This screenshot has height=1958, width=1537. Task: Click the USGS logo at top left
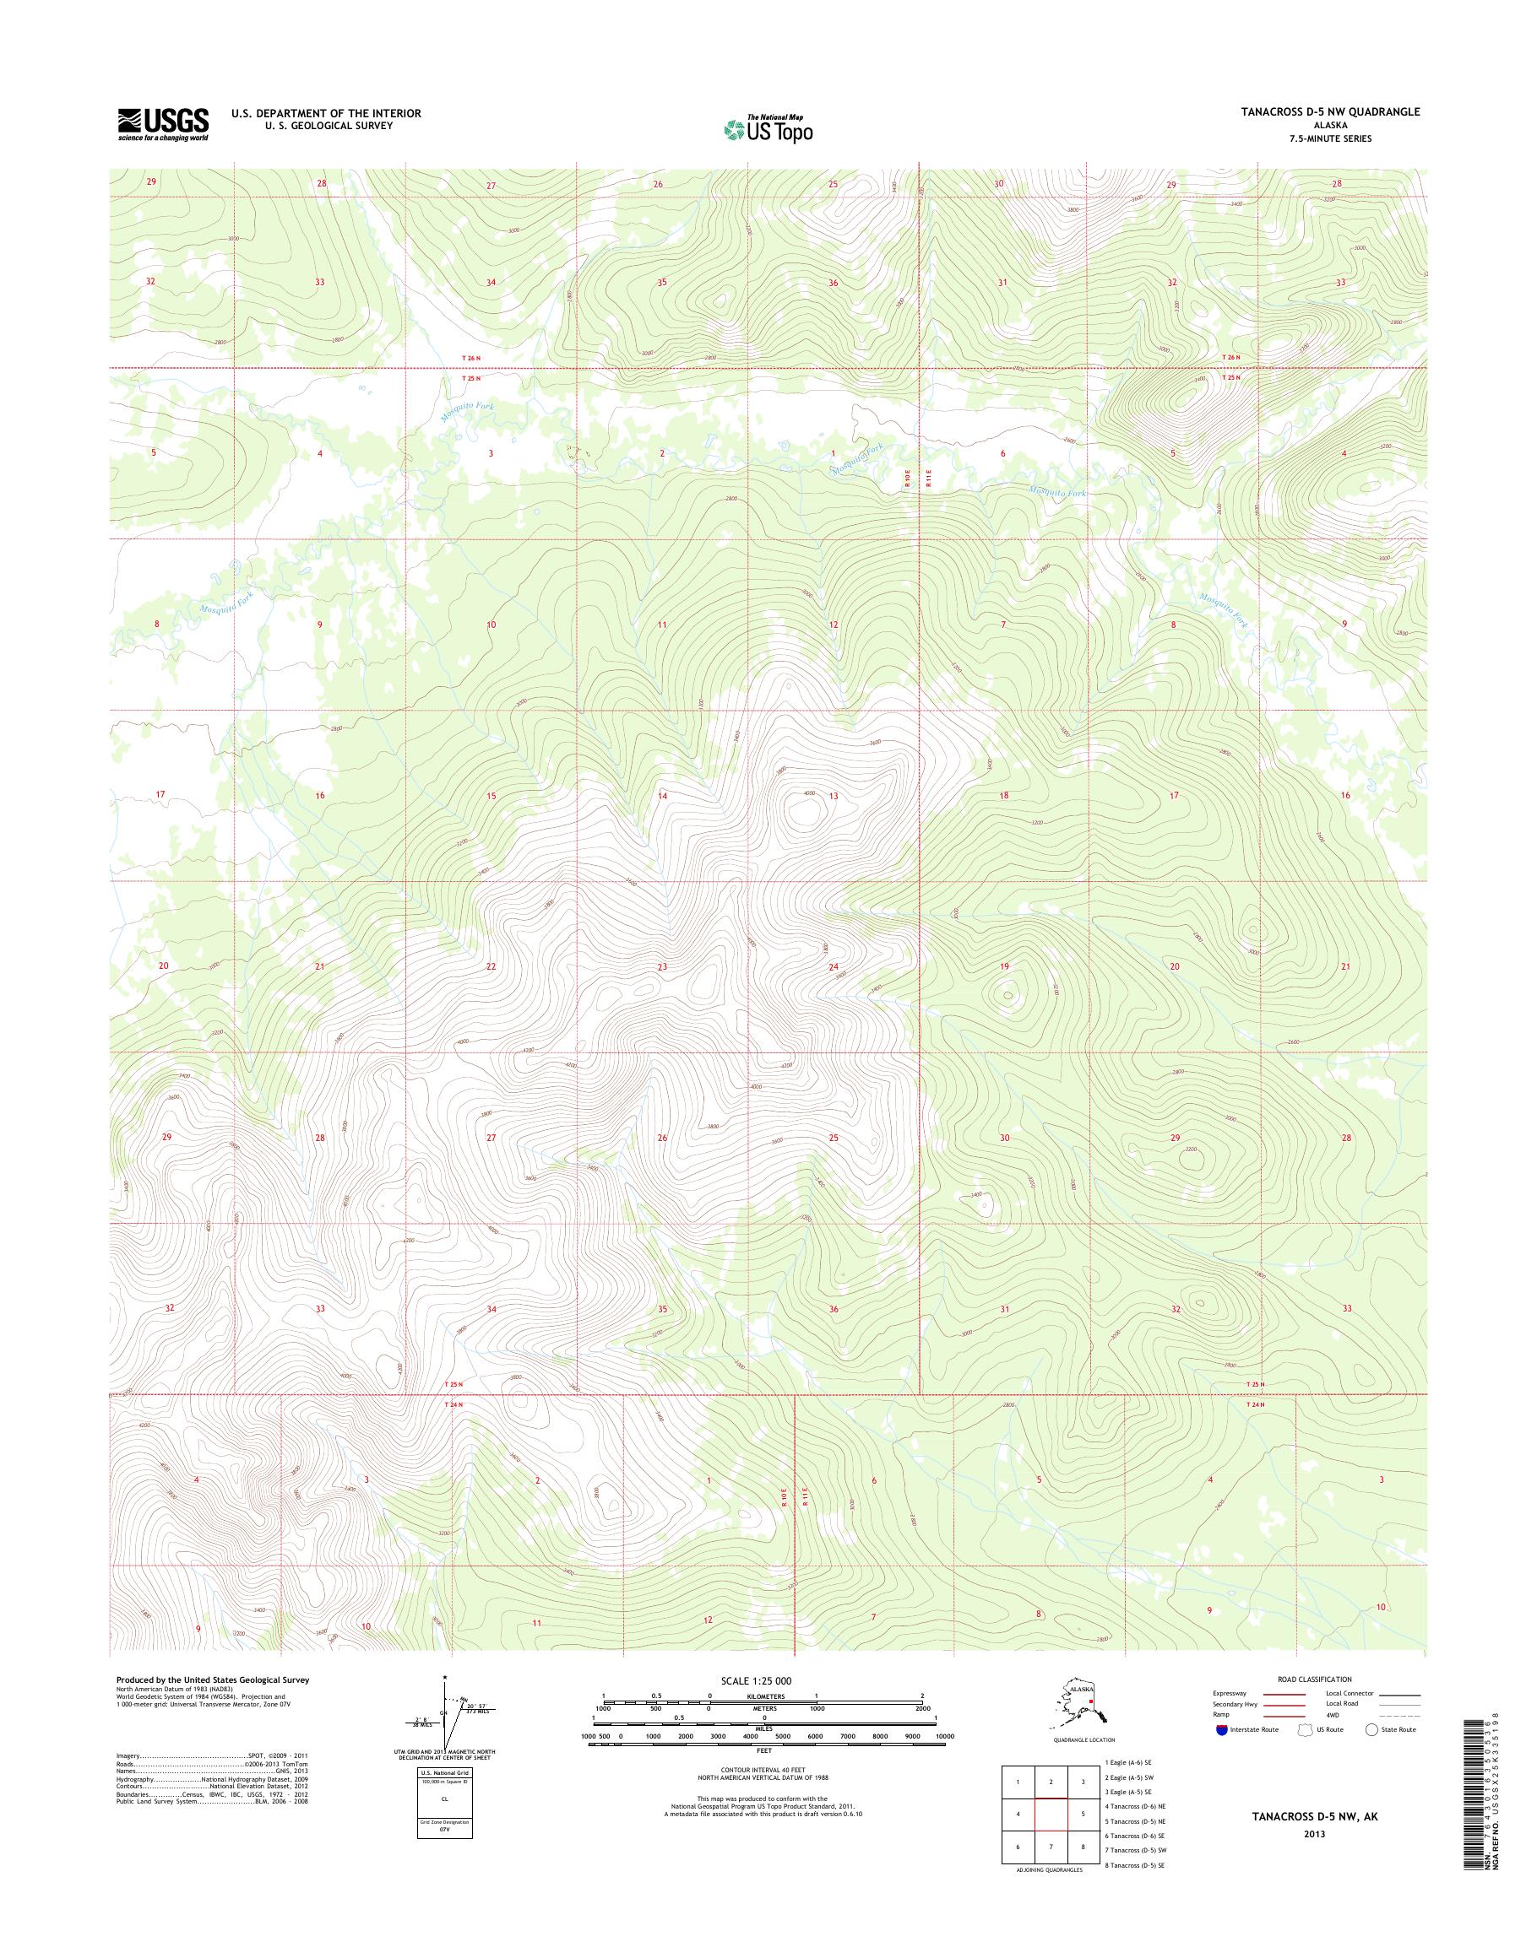coord(163,125)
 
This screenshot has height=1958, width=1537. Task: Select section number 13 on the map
coord(834,796)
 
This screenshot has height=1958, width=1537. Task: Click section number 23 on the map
coord(662,967)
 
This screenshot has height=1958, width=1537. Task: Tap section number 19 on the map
coord(1004,967)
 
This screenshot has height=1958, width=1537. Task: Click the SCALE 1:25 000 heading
coord(756,1681)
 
